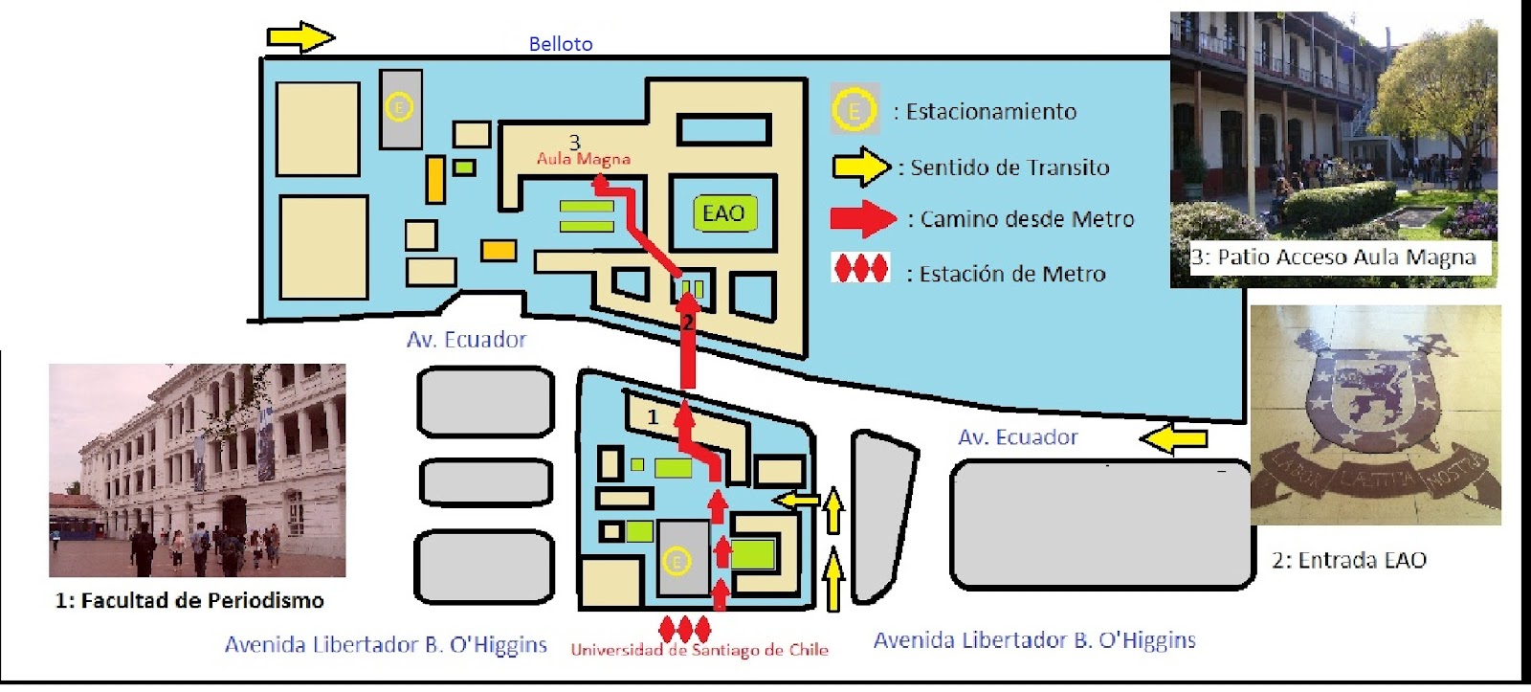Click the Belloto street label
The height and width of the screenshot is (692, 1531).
(x=561, y=44)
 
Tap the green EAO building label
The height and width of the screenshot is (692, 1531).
(x=723, y=213)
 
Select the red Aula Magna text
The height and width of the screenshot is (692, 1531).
(x=584, y=159)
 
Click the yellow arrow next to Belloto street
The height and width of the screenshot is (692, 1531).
(x=300, y=37)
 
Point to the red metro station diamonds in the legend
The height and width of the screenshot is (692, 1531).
(x=861, y=269)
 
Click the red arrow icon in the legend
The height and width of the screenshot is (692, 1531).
(x=863, y=219)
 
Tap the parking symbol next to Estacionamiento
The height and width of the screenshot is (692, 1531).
(x=854, y=111)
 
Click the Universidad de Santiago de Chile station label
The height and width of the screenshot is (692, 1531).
(x=699, y=650)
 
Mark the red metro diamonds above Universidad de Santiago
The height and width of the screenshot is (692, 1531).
(x=685, y=629)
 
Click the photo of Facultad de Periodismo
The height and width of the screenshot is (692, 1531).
(x=197, y=470)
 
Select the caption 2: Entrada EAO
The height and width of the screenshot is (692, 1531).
(x=1349, y=560)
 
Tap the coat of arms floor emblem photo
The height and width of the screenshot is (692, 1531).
(x=1376, y=414)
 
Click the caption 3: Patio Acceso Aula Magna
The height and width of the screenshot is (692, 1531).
(x=1333, y=257)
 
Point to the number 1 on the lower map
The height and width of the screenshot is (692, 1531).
(x=654, y=417)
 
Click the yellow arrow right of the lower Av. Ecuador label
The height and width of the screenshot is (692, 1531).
(x=1174, y=439)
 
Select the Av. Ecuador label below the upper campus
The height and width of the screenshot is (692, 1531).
(x=466, y=340)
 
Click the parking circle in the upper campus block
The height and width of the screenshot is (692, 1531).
(x=400, y=107)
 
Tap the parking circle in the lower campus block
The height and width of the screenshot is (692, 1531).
(x=677, y=562)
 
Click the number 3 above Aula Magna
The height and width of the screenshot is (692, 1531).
(x=574, y=143)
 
